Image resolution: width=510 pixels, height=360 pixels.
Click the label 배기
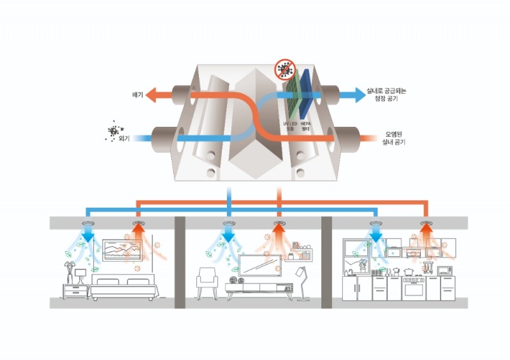(x=136, y=94)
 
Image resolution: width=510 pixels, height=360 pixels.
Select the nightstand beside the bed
(x=76, y=291)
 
